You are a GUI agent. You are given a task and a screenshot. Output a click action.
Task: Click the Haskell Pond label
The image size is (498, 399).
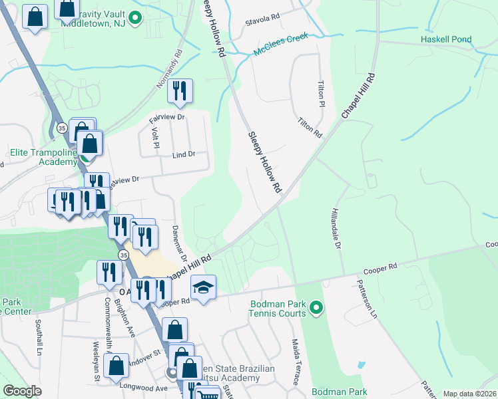coord(445,39)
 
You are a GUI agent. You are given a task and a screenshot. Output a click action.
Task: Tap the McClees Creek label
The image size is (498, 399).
coord(280,46)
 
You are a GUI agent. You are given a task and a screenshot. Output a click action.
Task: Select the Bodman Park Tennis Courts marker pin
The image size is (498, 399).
coord(316,308)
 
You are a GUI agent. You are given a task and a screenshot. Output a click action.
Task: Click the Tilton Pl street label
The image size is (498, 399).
coord(320,94)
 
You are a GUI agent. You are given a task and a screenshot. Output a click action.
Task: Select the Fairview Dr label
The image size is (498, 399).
coord(167,116)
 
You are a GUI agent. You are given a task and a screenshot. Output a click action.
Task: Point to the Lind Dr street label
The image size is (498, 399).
coord(183,154)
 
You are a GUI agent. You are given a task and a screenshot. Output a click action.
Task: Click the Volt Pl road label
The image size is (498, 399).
coord(156,142)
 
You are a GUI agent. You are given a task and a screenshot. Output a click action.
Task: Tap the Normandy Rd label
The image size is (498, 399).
coord(168,72)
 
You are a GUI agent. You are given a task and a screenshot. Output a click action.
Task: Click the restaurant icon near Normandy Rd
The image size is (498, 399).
coord(179,92)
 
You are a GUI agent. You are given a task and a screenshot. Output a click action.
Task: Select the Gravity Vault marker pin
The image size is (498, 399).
coord(135,17)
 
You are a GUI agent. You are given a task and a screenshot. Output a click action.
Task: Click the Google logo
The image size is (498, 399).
coord(23,391)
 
